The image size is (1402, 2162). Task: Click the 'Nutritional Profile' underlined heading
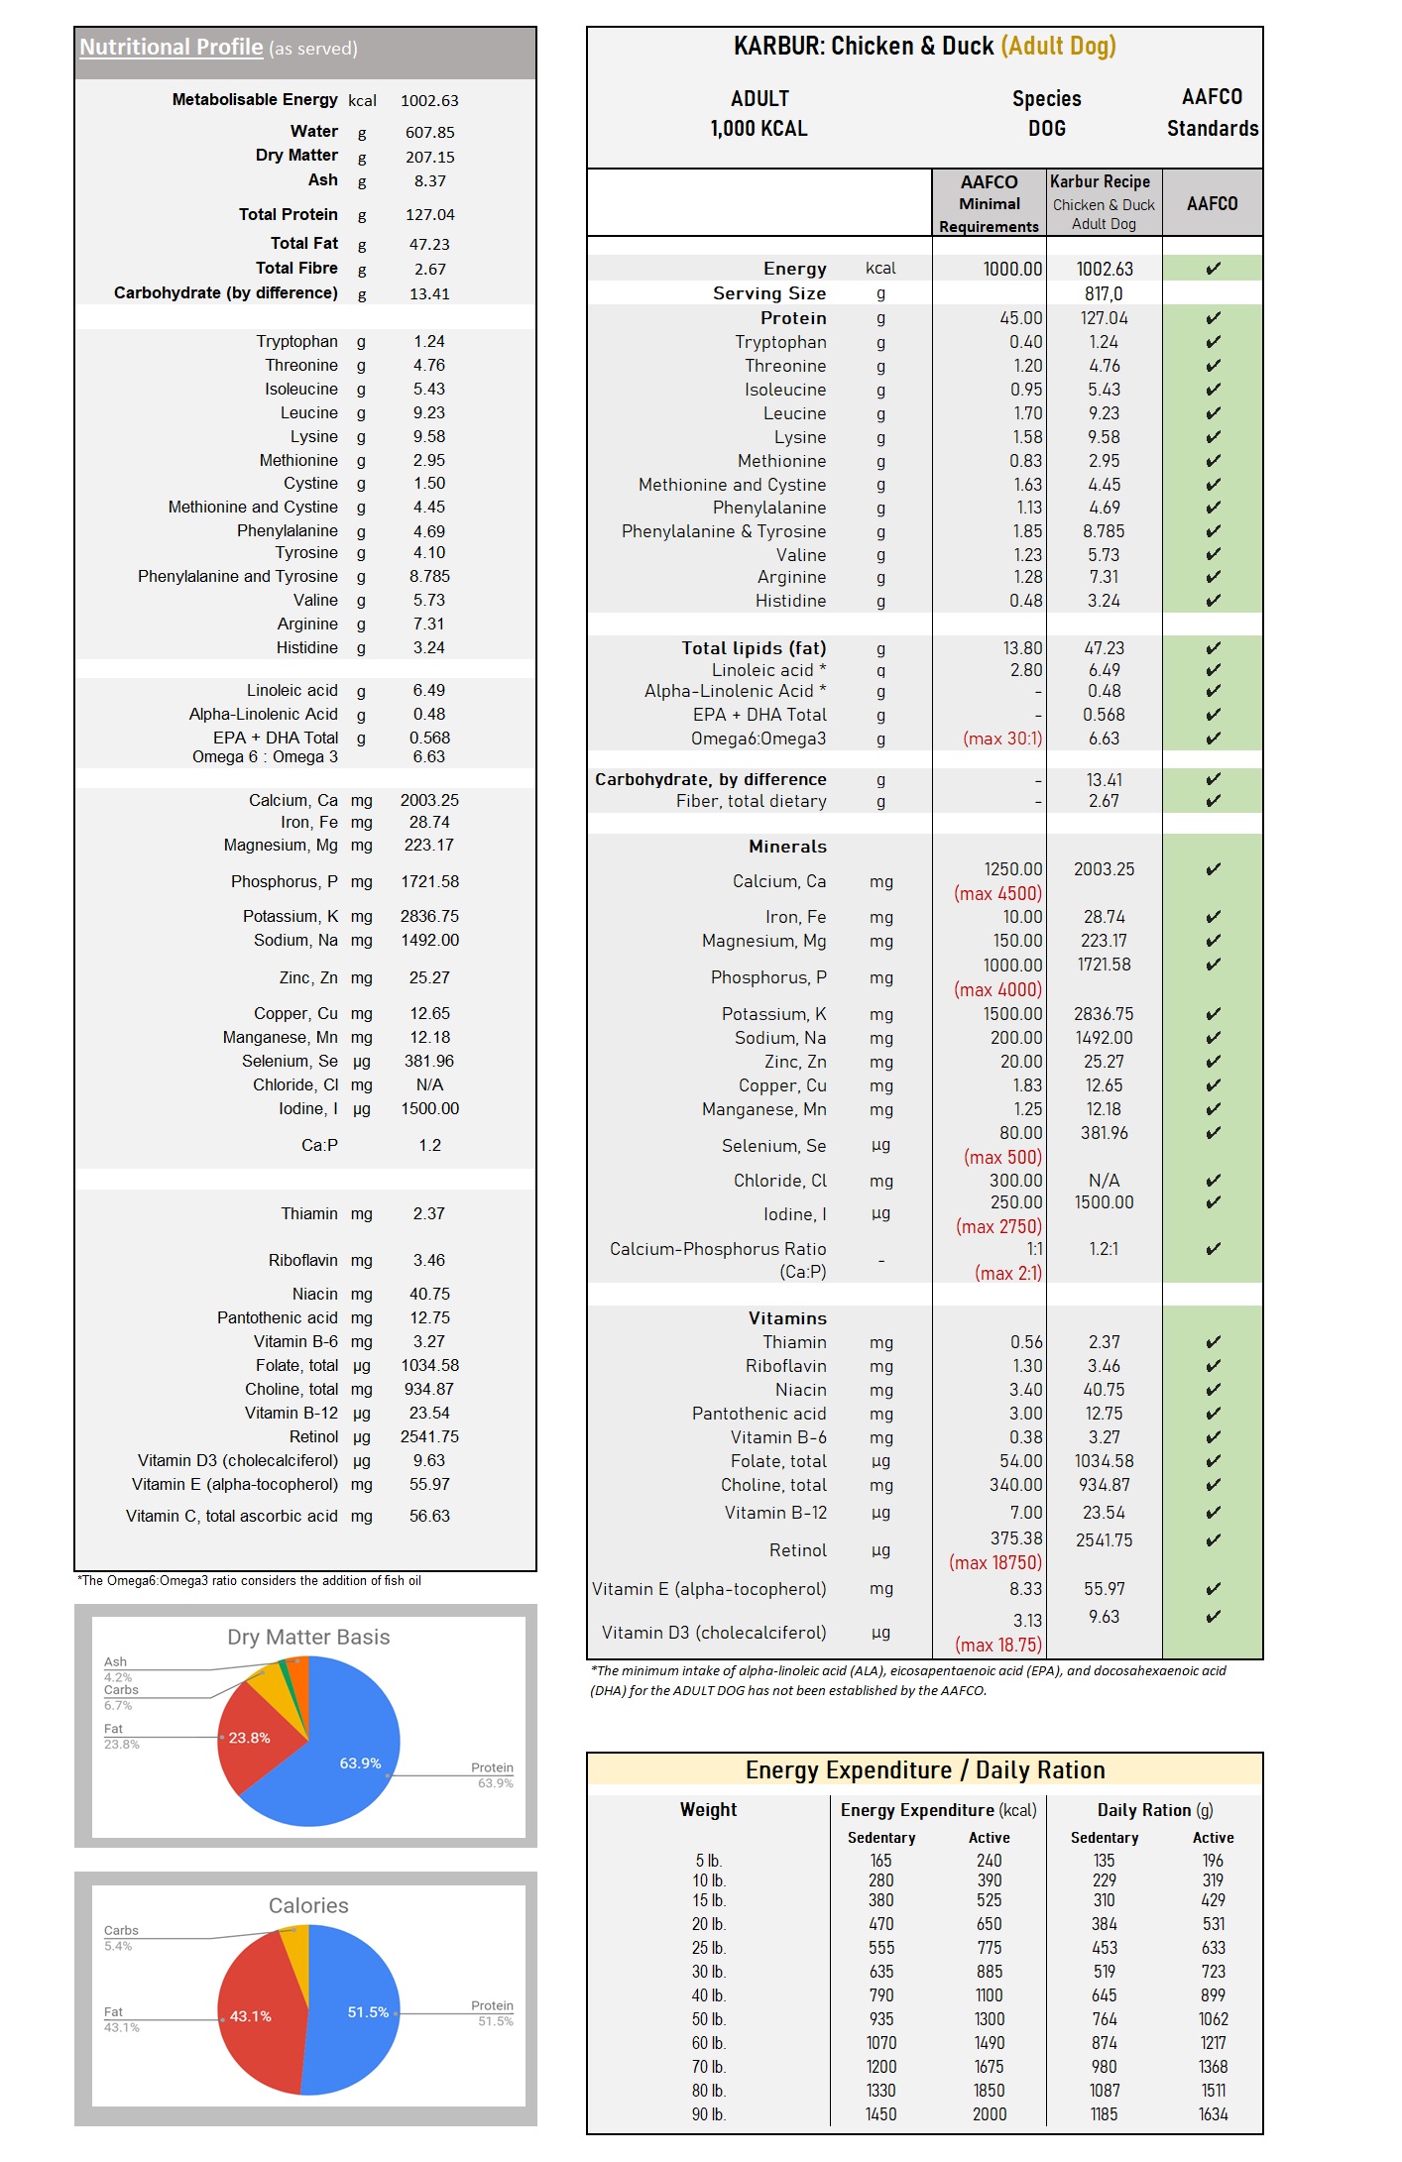coord(171,48)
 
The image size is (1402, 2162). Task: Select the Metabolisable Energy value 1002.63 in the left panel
coord(429,101)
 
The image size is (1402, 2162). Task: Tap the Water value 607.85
coord(429,133)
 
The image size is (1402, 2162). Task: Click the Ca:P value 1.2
coord(429,1146)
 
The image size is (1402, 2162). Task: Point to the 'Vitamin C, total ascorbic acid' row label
coord(231,1517)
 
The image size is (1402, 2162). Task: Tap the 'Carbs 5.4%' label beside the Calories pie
coord(120,1938)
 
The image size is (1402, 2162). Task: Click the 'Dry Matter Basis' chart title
coord(308,1638)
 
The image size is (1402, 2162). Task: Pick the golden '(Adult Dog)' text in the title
coord(1058,47)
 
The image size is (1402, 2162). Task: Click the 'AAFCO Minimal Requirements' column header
coord(989,204)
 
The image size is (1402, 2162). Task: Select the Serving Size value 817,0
coord(1104,294)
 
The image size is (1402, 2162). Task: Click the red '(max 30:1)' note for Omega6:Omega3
coord(1001,740)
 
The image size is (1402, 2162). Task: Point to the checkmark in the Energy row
coord(1213,269)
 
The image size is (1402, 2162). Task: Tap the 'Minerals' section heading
coord(787,847)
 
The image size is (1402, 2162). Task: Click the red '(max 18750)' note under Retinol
coord(994,1563)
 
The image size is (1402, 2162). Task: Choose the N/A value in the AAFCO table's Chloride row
coord(1104,1182)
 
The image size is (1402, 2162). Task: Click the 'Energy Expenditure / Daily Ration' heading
coord(924,1770)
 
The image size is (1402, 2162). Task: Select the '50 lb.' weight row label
coord(708,2019)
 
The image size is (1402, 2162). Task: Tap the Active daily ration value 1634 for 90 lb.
coord(1213,2114)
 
